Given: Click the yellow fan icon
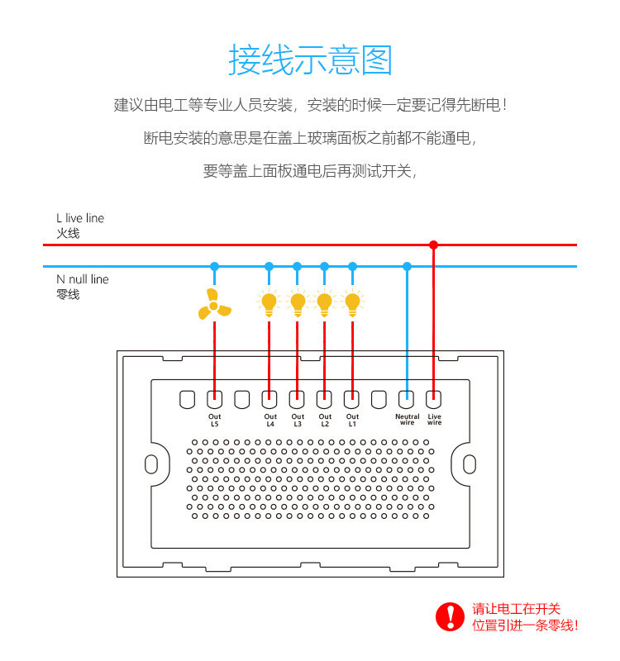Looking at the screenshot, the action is coord(214,304).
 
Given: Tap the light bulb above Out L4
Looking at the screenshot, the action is coord(269,303).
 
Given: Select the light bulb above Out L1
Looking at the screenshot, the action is coord(353,303).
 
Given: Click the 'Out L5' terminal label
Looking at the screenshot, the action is coord(215,421).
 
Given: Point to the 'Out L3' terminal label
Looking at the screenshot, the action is coord(298,421).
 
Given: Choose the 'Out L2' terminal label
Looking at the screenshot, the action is coord(325,421).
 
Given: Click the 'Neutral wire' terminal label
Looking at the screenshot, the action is coord(408,420).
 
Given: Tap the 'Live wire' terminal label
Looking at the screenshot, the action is coord(435,420).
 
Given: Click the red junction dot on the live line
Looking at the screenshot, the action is coord(433,245).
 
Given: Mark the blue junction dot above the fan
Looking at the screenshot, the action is coord(215,266).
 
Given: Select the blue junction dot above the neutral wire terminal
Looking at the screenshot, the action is coord(407,266).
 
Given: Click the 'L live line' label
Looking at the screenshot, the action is coord(80,218).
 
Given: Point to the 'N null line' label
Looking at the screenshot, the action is coord(83,279).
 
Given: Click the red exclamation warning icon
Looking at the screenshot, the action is coord(450,616).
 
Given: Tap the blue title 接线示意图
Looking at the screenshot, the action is coord(311,60).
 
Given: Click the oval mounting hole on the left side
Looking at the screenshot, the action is coord(151,464).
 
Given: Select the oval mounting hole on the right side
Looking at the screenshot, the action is coord(470,464).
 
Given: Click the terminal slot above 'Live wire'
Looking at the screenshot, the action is coord(433,400).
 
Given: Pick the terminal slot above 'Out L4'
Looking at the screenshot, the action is coord(269,400).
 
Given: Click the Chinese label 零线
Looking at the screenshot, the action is coord(68,294).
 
